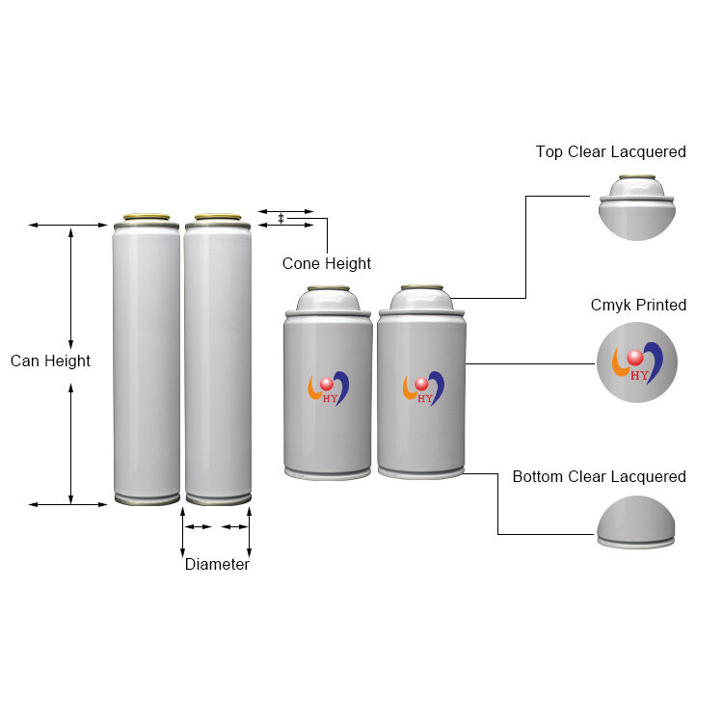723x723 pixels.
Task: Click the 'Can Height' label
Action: [50, 361]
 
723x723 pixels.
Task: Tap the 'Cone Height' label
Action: [326, 263]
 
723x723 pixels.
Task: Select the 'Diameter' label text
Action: [217, 565]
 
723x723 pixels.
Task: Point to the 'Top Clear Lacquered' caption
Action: [610, 152]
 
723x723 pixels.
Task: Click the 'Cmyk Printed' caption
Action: [638, 306]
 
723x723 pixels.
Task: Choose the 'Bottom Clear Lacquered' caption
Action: [599, 477]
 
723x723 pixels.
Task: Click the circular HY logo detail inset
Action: [636, 361]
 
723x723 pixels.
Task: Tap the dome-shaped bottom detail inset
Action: [636, 522]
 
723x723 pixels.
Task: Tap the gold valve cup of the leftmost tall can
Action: [147, 217]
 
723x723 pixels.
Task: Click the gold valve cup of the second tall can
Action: [218, 217]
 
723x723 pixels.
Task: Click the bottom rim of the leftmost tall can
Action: [147, 498]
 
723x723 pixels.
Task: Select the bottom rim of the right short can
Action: [422, 472]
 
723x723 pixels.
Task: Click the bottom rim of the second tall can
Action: [218, 498]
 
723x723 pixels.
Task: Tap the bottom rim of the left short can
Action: [328, 472]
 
